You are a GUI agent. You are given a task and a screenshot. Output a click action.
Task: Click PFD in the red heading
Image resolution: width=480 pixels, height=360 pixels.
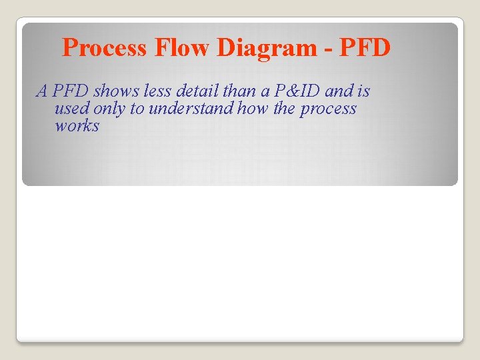click(x=365, y=48)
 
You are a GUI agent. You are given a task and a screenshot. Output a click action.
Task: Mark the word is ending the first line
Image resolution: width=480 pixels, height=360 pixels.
click(x=363, y=91)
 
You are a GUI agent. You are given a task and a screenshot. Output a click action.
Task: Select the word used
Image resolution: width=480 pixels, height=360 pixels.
click(x=70, y=109)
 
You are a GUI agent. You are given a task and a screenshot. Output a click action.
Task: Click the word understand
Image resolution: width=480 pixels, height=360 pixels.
click(x=193, y=109)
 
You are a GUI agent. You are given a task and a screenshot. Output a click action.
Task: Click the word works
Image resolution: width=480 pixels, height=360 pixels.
click(x=77, y=126)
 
